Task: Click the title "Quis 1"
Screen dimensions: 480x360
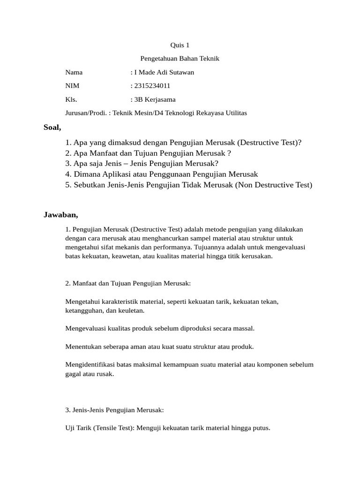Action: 180,45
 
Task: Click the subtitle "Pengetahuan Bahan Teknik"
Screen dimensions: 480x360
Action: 180,59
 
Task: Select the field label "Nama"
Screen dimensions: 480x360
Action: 74,72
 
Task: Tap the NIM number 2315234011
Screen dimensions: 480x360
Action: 152,86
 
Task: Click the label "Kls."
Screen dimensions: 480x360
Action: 71,99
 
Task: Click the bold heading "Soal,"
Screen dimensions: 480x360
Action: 52,127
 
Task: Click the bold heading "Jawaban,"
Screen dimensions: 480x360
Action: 60,215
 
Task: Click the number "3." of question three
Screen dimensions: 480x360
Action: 68,164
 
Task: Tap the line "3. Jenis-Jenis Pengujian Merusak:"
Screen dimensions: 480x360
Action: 114,410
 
